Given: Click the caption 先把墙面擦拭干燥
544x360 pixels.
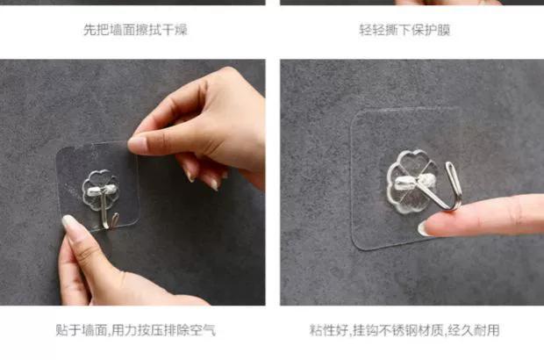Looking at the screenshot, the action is [x=135, y=30].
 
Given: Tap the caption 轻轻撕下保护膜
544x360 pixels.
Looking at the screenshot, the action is [x=404, y=30].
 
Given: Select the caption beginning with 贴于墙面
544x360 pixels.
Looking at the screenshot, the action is [x=136, y=330].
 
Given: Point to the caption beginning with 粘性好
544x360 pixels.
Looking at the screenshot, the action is [x=404, y=330].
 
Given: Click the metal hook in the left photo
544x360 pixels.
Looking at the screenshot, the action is [x=105, y=212].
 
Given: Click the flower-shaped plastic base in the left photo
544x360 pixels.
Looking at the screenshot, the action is [x=100, y=189].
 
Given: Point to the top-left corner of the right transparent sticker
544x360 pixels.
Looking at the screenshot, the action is [x=354, y=114].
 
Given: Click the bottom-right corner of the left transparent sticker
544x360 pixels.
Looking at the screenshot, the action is [x=138, y=222].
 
